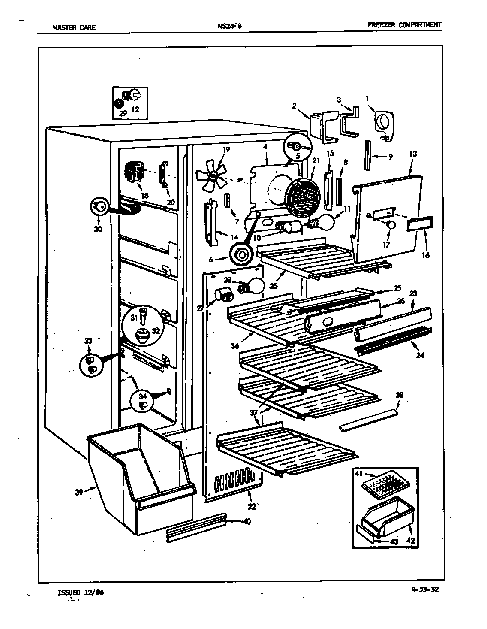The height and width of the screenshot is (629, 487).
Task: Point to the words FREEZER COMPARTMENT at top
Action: tap(404, 25)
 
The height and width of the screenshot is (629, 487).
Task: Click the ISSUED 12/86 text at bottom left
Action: tap(80, 593)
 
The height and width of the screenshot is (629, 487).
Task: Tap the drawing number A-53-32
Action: tap(424, 589)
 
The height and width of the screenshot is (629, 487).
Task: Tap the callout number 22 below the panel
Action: tap(252, 507)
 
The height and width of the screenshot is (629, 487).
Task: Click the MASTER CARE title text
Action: tap(74, 28)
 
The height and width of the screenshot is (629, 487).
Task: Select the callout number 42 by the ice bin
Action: tap(411, 541)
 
